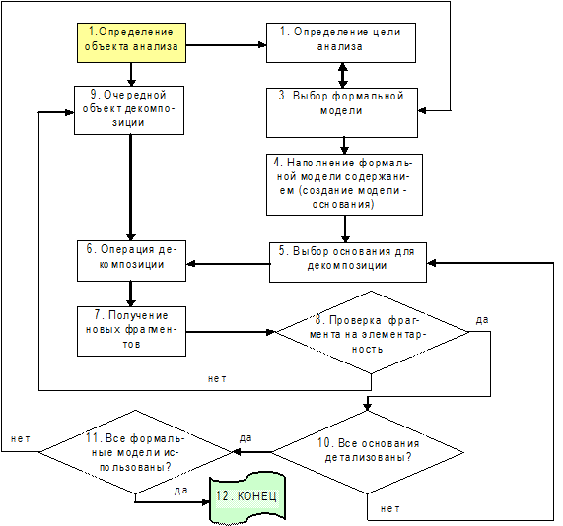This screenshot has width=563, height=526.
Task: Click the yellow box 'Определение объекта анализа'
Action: (x=131, y=42)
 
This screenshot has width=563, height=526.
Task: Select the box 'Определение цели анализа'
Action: (x=341, y=42)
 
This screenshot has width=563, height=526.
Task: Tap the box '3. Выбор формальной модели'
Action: (x=342, y=112)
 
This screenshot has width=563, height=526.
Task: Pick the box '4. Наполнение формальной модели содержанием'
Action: (x=344, y=184)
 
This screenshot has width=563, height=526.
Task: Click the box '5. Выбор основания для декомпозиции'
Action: (x=348, y=262)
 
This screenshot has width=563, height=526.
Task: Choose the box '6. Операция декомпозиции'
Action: (x=131, y=260)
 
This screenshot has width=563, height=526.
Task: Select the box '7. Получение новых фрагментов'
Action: (x=131, y=331)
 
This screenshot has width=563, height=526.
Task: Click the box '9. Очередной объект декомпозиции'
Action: (x=129, y=110)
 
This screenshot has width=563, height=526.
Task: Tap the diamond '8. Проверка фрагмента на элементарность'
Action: (x=372, y=332)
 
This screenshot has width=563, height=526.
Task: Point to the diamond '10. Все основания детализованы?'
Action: (x=368, y=452)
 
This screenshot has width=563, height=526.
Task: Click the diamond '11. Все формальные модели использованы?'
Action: (x=135, y=452)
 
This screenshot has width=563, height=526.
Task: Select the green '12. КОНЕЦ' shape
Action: (x=247, y=497)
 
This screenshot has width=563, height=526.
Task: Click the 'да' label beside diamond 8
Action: (x=482, y=319)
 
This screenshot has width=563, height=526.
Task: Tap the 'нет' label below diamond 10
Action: (x=389, y=508)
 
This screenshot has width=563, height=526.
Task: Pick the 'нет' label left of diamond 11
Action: (x=21, y=438)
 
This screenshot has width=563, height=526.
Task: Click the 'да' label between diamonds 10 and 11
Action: (x=246, y=437)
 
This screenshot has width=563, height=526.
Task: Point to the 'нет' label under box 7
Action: (x=217, y=378)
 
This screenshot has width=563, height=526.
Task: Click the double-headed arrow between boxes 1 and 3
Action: (x=343, y=75)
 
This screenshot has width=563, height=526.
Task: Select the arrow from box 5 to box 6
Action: (x=228, y=264)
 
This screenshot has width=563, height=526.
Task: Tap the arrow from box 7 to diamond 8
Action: (x=230, y=332)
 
